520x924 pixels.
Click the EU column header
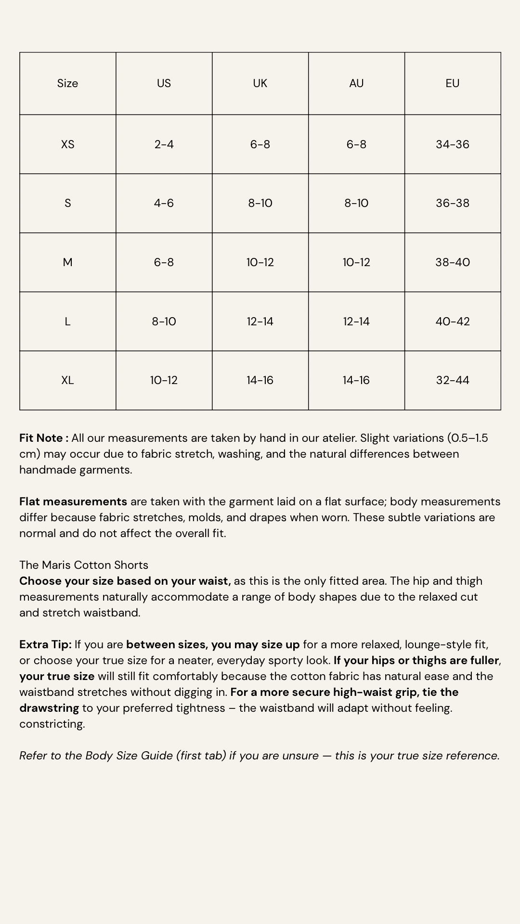tap(453, 83)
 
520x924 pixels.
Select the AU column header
tap(356, 83)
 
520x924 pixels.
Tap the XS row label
tap(68, 144)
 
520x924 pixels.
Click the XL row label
tap(68, 380)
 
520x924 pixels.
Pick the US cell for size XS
tap(164, 144)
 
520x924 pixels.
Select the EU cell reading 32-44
tap(453, 380)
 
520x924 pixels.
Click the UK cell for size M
tap(260, 262)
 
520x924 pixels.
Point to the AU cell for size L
tap(356, 321)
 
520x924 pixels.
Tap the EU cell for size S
tap(453, 203)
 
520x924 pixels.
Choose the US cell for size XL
tap(164, 380)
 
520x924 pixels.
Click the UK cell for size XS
tap(260, 144)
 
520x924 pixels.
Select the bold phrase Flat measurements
tap(73, 501)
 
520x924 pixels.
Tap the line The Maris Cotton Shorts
tap(84, 565)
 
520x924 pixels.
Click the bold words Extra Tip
tap(45, 644)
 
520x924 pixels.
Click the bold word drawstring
tap(49, 708)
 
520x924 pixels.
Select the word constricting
tap(52, 724)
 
